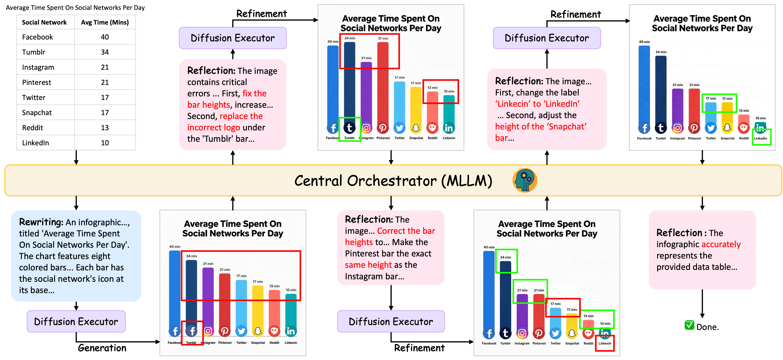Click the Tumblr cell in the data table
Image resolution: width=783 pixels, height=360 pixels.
pos(33,52)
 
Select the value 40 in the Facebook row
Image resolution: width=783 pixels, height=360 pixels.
pos(105,37)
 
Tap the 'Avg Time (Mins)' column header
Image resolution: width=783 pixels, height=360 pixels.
pos(105,22)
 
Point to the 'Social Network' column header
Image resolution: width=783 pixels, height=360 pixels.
pos(44,22)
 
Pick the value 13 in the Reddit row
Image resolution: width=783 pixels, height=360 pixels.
pos(105,128)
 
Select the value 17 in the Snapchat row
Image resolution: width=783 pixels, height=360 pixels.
pos(105,113)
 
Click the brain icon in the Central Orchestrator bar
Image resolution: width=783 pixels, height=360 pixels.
pos(525,180)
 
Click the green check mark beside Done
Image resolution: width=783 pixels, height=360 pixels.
pos(689,325)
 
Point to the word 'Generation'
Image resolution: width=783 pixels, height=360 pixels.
pos(102,348)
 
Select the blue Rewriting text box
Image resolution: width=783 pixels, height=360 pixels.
pos(76,256)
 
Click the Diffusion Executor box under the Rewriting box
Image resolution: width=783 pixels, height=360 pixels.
pos(76,321)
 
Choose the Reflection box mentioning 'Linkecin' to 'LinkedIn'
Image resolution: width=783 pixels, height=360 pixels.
pos(547,109)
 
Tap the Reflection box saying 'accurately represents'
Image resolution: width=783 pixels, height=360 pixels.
pos(702,250)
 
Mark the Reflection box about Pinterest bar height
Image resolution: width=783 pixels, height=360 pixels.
pos(391,248)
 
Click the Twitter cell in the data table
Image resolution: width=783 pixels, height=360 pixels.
pos(34,98)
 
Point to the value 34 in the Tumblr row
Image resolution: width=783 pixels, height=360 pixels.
pos(105,52)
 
